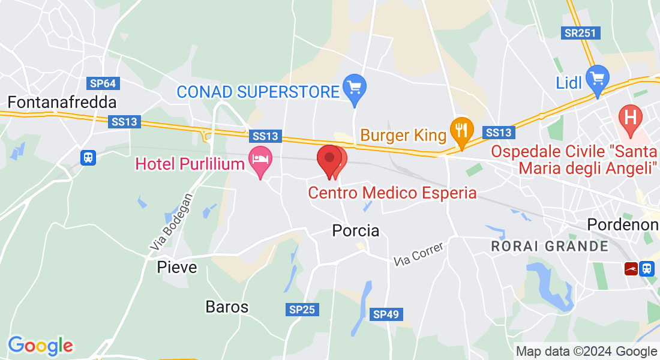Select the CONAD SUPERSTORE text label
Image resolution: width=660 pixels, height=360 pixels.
[258, 92]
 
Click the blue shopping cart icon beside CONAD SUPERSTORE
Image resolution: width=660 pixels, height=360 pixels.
[355, 88]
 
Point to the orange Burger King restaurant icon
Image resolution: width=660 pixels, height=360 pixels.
[461, 130]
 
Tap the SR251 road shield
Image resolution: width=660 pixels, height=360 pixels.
[581, 33]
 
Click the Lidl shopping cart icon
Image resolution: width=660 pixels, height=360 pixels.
[598, 79]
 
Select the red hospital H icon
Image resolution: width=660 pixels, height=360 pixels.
[630, 115]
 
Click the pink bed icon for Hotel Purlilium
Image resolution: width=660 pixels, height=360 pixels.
[260, 160]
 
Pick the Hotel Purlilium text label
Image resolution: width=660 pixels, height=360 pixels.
[191, 163]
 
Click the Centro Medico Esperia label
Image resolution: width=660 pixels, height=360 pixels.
[392, 193]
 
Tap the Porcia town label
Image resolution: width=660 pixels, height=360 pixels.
[356, 230]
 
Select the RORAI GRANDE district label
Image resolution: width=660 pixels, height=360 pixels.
[549, 246]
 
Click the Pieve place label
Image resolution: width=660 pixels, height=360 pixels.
[177, 267]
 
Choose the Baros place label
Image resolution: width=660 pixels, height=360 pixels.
[227, 307]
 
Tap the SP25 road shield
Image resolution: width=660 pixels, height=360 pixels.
[302, 310]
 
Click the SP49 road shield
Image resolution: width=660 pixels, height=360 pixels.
[386, 314]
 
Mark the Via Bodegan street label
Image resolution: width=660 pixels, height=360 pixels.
[172, 221]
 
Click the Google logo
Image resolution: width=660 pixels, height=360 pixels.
[40, 346]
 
